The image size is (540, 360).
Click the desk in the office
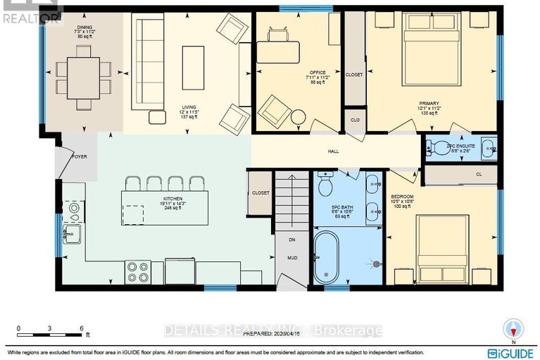tap(278, 51)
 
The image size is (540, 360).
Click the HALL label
tap(334, 151)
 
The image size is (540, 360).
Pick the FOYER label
tap(78, 157)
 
